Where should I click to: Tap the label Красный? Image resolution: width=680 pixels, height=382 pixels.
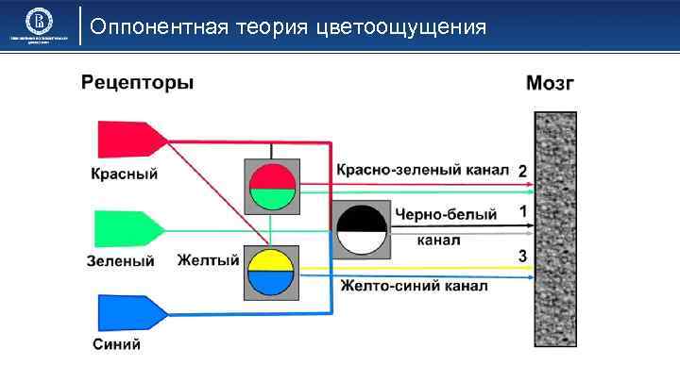[124, 174]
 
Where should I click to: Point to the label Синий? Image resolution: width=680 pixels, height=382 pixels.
[117, 344]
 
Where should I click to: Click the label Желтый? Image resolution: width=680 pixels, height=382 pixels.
[209, 259]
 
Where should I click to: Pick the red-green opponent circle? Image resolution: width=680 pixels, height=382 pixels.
[271, 187]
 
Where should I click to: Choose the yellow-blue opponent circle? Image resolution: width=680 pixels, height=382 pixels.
[271, 273]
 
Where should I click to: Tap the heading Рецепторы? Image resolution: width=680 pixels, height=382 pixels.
[138, 82]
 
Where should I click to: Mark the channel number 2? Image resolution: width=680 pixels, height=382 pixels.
[522, 171]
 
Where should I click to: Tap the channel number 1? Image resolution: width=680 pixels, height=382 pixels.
[522, 212]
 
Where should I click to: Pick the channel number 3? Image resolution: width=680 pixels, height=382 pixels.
[522, 256]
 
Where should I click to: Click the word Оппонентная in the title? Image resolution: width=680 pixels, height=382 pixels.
[162, 26]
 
